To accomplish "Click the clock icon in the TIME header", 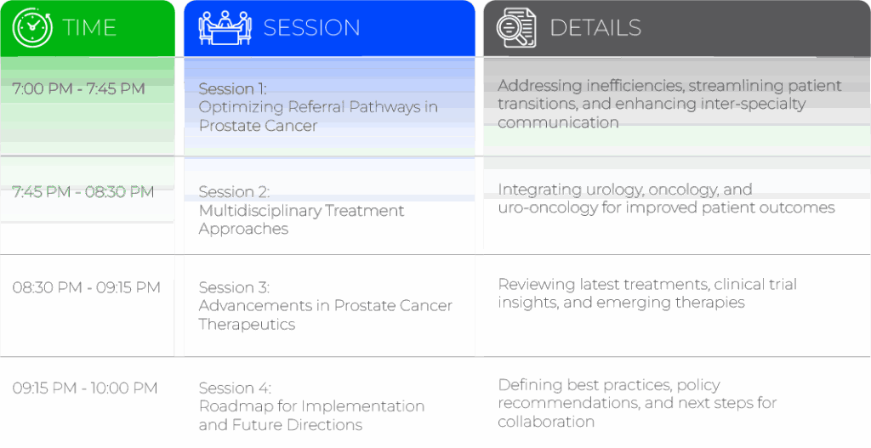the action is (x=33, y=28).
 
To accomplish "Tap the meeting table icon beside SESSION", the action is (x=225, y=27).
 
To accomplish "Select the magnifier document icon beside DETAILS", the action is (x=516, y=28).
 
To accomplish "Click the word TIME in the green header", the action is (x=89, y=28).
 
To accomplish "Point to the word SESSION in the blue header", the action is (x=311, y=28).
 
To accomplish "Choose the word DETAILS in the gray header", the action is (x=595, y=28).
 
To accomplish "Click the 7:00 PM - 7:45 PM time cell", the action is (x=78, y=88).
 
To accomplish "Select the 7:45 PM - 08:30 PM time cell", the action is (x=83, y=192).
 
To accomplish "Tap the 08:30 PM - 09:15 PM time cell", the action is (x=86, y=287).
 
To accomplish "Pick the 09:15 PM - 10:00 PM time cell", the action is (x=85, y=388).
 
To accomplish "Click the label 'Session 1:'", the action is (x=233, y=88).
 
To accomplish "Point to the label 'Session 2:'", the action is (x=234, y=192).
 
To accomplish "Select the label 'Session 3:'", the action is (x=234, y=287).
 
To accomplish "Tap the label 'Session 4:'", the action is (x=235, y=388).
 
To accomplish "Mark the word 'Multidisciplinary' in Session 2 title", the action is (x=259, y=212).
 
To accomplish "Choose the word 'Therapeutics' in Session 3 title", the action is (x=248, y=325).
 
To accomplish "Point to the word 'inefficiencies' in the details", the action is (x=629, y=86).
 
